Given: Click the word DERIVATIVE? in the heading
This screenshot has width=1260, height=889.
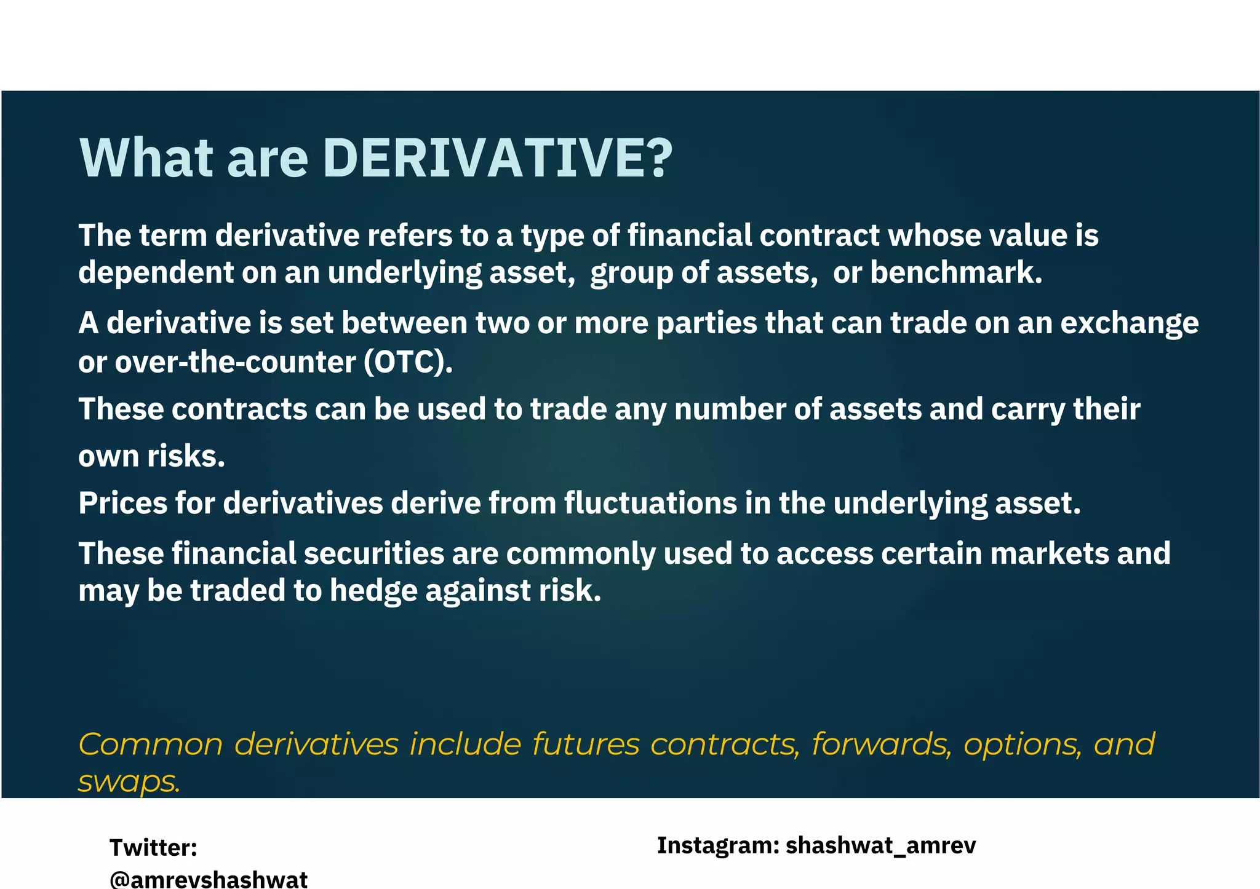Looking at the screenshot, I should click(x=497, y=158).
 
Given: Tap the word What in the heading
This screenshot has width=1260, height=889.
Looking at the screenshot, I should click(x=146, y=158).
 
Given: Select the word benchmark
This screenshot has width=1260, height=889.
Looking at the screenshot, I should click(x=956, y=272).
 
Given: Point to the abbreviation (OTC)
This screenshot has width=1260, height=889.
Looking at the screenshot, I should click(x=408, y=362).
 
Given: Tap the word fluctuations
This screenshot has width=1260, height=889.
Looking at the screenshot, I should click(x=650, y=503).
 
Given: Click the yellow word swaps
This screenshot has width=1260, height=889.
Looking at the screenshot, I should click(x=129, y=782).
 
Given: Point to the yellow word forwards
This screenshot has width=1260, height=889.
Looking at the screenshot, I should click(x=882, y=744).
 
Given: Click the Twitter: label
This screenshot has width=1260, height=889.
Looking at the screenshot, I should click(x=153, y=848).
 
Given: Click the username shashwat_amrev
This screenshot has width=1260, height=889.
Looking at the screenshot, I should click(x=880, y=845).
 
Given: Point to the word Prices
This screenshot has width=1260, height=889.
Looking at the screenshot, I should click(x=122, y=503).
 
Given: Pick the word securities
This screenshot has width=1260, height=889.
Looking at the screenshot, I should click(x=374, y=553).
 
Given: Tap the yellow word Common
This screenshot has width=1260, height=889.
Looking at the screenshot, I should click(x=151, y=744).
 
